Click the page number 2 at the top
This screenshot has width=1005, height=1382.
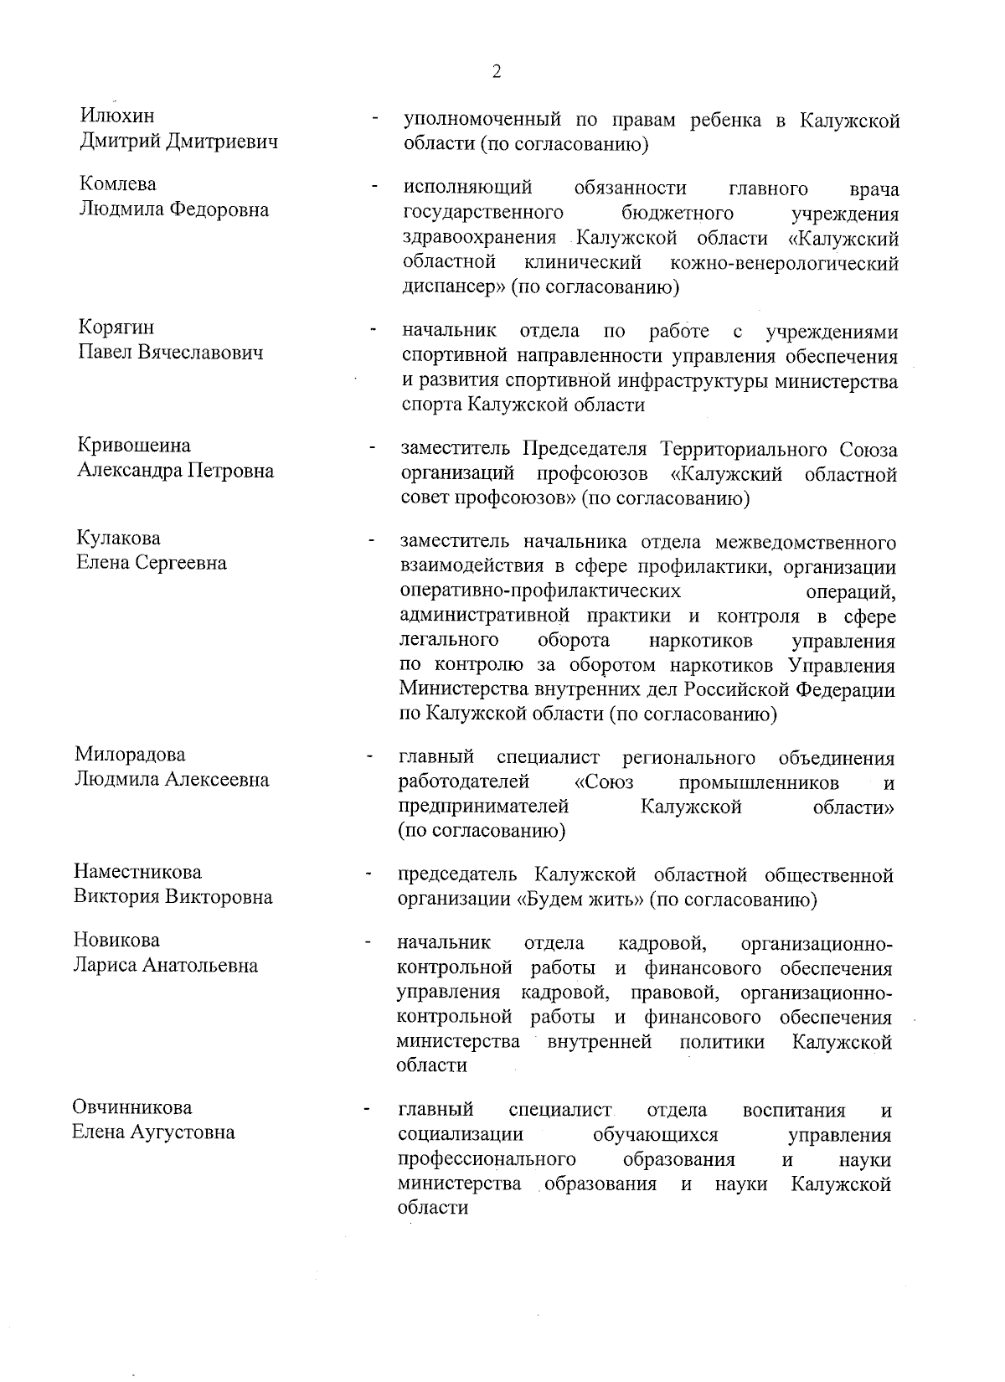(497, 72)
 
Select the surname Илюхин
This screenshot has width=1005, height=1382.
(117, 116)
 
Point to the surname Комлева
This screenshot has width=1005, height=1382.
(117, 184)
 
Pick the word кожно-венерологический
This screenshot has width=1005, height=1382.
(785, 263)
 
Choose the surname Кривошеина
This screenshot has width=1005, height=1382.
(134, 445)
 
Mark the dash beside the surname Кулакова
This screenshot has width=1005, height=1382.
(370, 541)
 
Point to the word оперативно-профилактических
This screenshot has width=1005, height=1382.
(540, 591)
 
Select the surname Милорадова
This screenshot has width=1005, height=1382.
(130, 755)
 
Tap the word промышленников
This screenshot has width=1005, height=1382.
(759, 783)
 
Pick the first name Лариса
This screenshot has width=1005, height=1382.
(105, 965)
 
